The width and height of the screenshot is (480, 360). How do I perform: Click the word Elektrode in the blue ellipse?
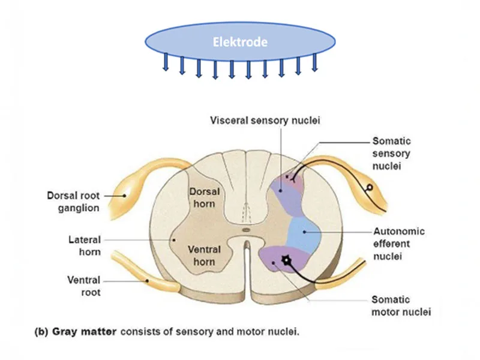click(239, 42)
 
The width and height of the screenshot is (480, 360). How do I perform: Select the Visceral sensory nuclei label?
click(265, 120)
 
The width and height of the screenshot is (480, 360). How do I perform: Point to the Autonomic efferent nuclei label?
click(399, 243)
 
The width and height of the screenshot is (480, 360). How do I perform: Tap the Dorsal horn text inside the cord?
click(205, 197)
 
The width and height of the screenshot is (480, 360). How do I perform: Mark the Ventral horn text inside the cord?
click(205, 254)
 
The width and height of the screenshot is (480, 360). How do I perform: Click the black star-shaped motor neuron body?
click(286, 260)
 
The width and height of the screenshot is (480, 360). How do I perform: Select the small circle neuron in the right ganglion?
click(370, 187)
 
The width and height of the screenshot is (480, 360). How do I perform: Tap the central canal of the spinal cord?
click(244, 229)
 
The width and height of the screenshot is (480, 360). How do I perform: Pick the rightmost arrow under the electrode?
click(314, 63)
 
